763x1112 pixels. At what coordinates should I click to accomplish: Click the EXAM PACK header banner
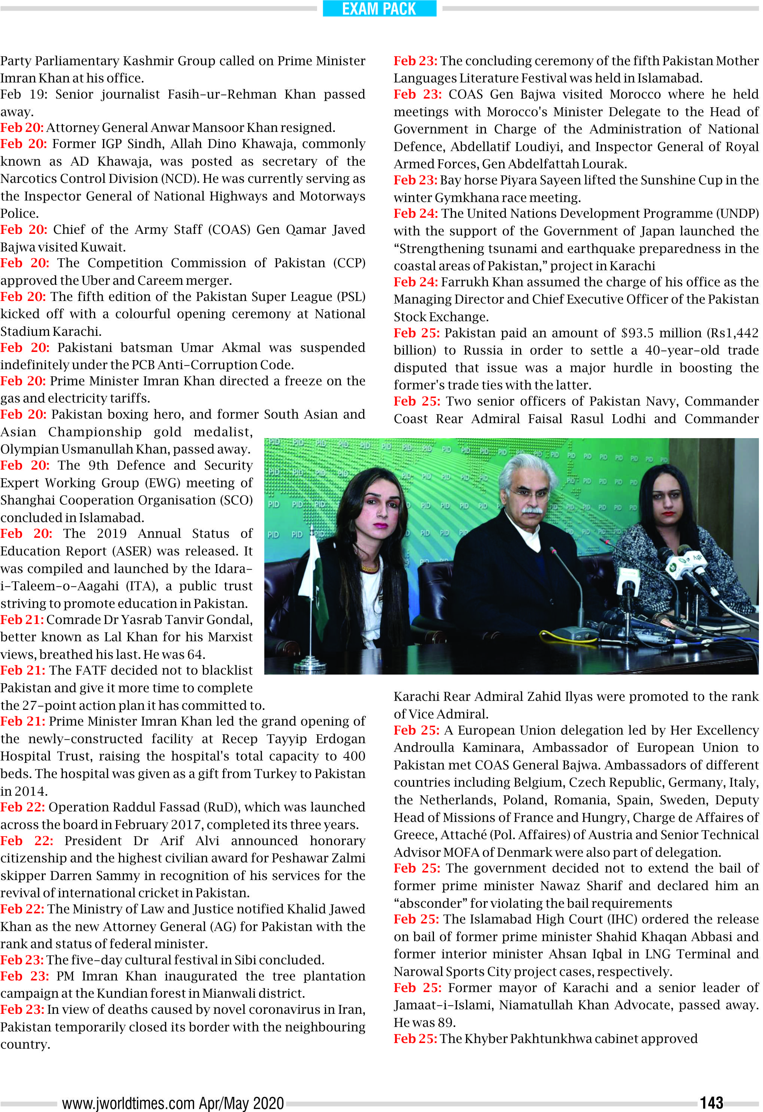[x=379, y=9]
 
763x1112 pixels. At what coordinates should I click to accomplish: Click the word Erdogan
[x=340, y=739]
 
